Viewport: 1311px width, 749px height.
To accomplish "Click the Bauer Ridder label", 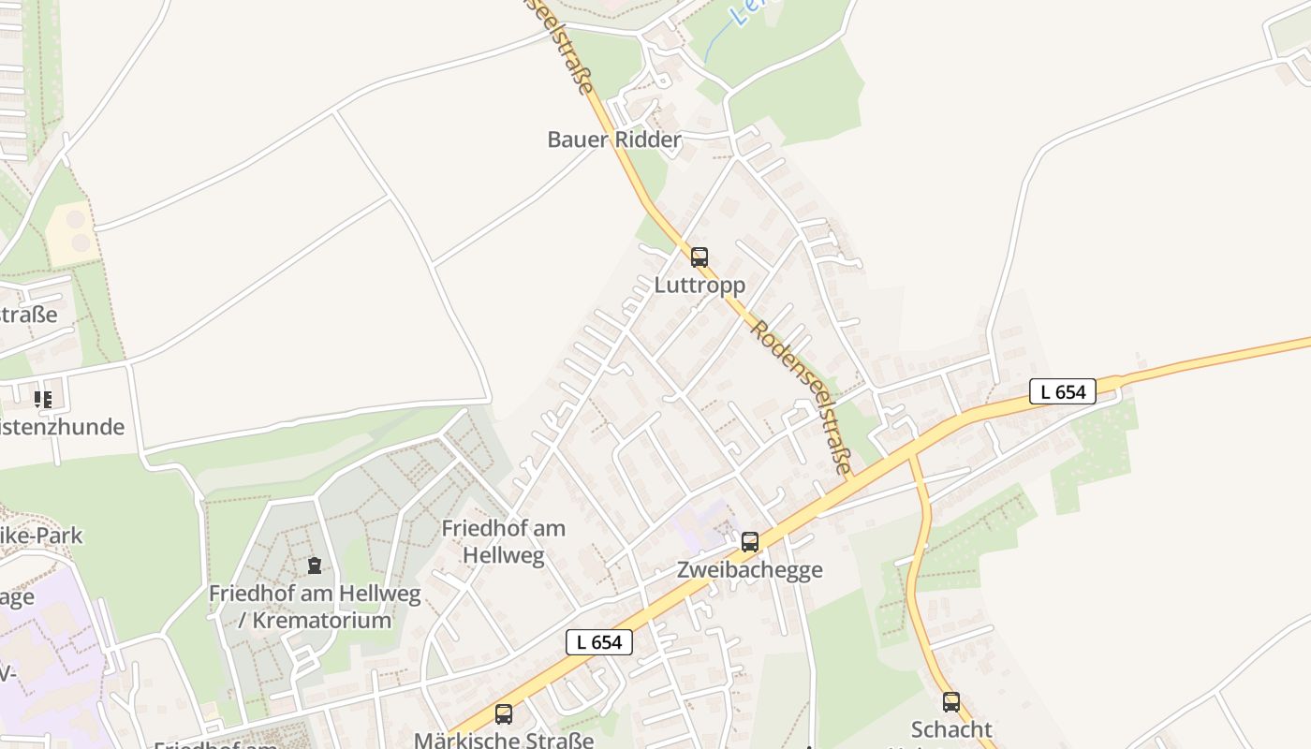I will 614,140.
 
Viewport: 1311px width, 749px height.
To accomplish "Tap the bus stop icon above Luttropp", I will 700,257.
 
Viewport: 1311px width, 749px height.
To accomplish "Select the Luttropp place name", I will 700,285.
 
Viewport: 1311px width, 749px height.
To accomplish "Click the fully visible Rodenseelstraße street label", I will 803,399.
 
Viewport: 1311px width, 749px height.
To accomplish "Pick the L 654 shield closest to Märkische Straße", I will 599,642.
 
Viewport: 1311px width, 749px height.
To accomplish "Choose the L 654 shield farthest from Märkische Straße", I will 1063,391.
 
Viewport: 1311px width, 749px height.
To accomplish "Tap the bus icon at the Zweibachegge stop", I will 750,542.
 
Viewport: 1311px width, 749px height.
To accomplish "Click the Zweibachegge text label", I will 750,569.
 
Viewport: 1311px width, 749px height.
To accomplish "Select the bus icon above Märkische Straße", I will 504,714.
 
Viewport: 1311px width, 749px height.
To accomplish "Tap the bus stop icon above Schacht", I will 951,702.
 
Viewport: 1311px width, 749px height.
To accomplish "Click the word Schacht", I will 951,729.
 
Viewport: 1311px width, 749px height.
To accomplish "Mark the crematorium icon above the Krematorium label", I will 315,565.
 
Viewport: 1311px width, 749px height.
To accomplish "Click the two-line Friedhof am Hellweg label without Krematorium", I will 504,541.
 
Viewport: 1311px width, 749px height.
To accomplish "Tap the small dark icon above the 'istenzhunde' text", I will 43,400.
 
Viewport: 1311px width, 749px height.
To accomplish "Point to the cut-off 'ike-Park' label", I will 41,536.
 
